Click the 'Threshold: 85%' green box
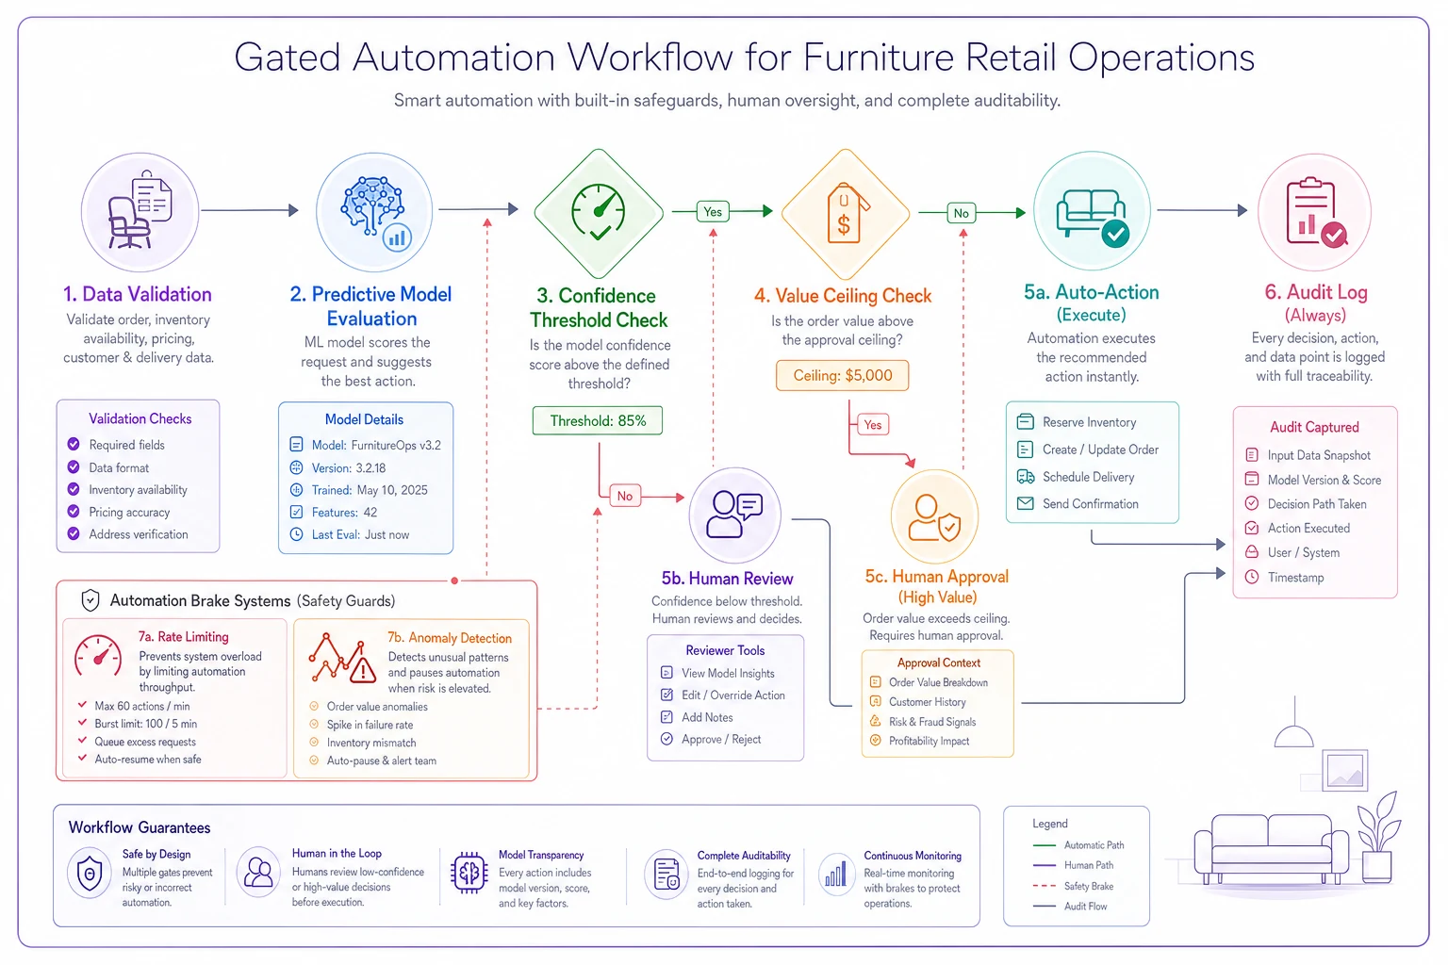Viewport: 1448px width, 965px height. click(x=598, y=420)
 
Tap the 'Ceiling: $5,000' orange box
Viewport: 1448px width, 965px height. click(x=842, y=375)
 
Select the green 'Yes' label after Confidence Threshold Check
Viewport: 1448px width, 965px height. click(x=713, y=211)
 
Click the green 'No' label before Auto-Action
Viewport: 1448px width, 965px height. click(x=962, y=213)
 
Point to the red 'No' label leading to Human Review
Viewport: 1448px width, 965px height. click(x=624, y=496)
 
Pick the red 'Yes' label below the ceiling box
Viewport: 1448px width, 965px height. click(x=873, y=425)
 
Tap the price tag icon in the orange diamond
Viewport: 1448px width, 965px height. click(x=846, y=214)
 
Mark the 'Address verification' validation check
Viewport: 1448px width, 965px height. click(x=128, y=534)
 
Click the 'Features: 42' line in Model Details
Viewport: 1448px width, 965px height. click(x=334, y=512)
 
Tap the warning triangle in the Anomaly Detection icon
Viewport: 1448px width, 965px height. click(x=363, y=670)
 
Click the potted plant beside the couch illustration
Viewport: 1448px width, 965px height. click(x=1378, y=839)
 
